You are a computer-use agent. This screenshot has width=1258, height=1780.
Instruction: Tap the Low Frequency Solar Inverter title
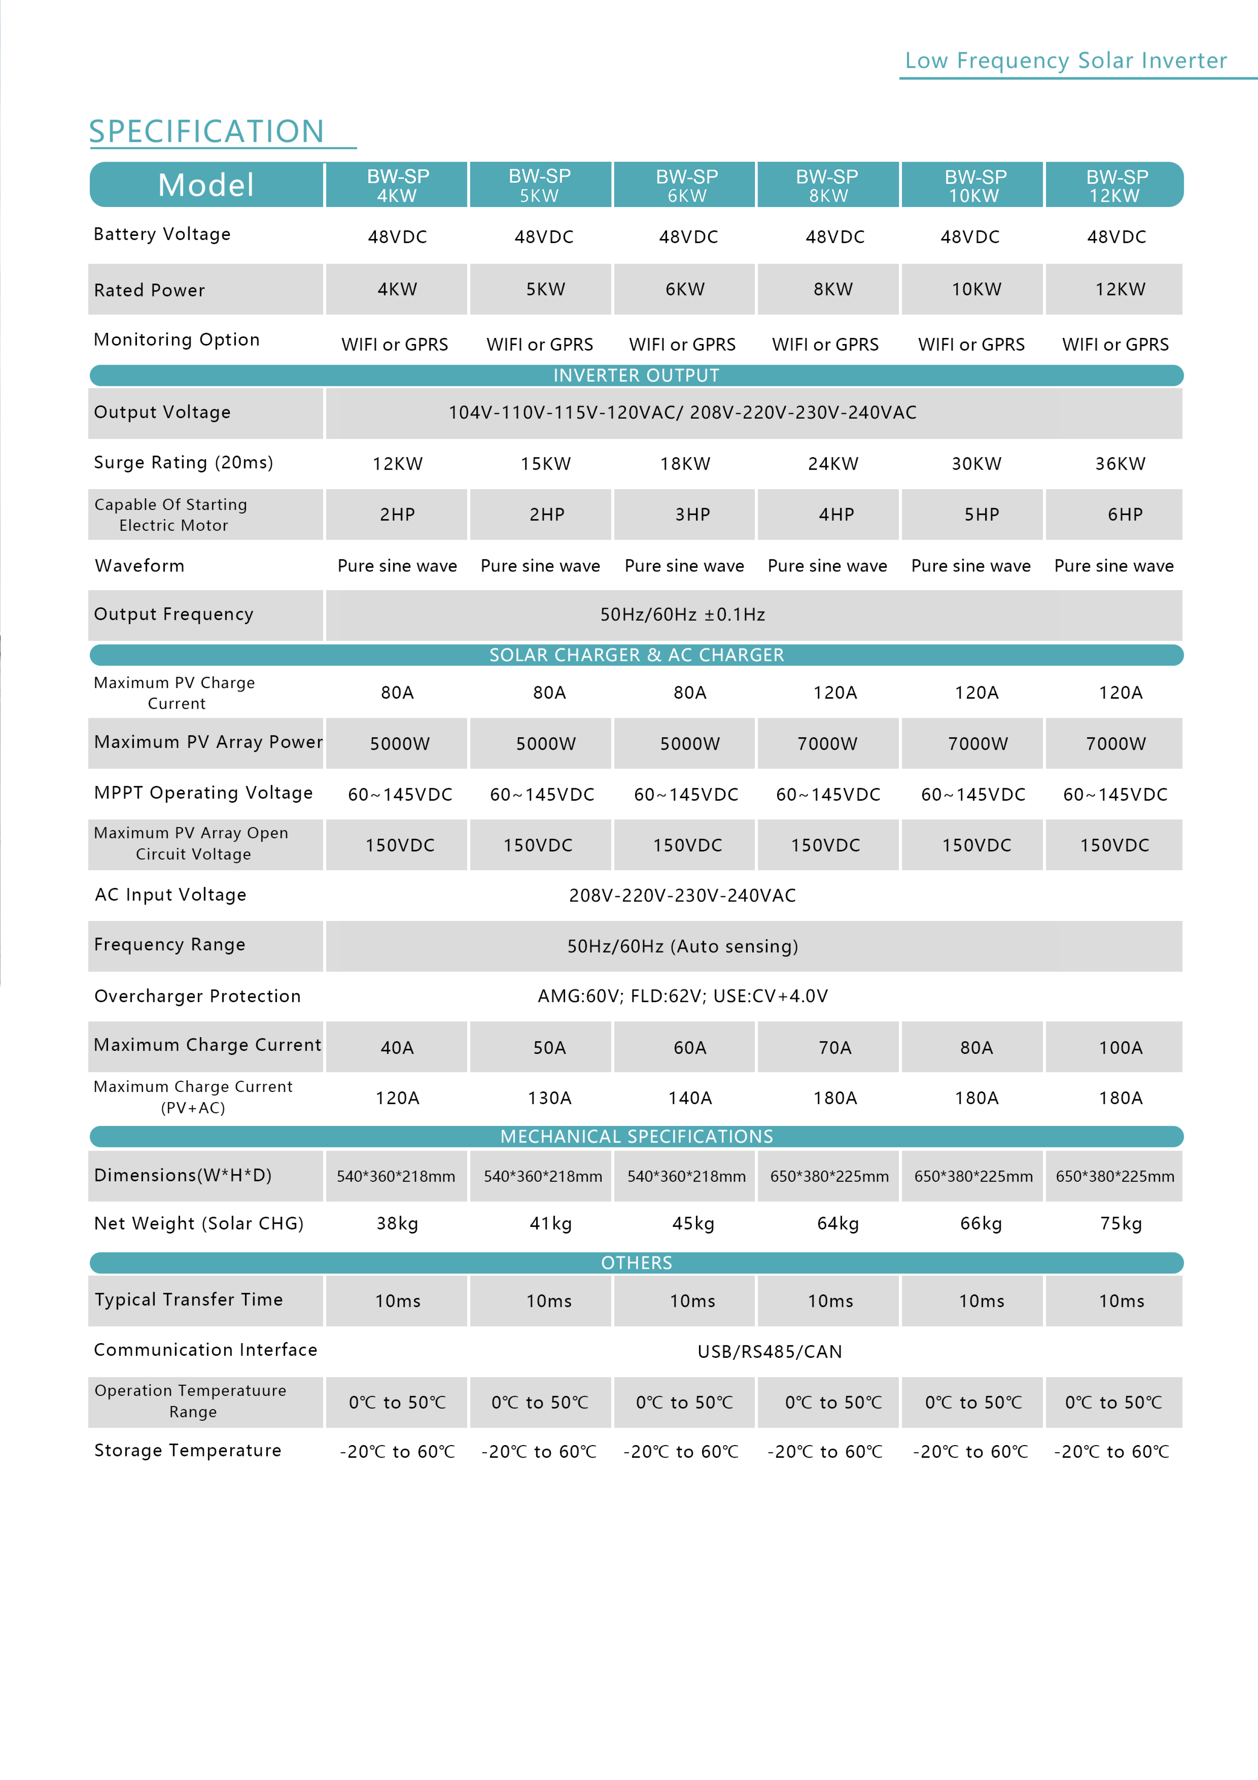point(1066,61)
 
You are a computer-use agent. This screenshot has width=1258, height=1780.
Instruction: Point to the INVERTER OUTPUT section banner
point(636,375)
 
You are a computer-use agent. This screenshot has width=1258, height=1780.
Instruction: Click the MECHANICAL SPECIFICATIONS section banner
point(636,1136)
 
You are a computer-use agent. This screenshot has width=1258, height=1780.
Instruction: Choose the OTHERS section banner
point(636,1263)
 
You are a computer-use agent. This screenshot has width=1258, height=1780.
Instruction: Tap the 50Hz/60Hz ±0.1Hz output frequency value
point(682,615)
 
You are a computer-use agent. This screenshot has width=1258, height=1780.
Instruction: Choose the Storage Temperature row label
point(188,1450)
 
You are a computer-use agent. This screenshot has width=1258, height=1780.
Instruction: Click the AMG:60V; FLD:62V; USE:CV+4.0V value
point(682,996)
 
